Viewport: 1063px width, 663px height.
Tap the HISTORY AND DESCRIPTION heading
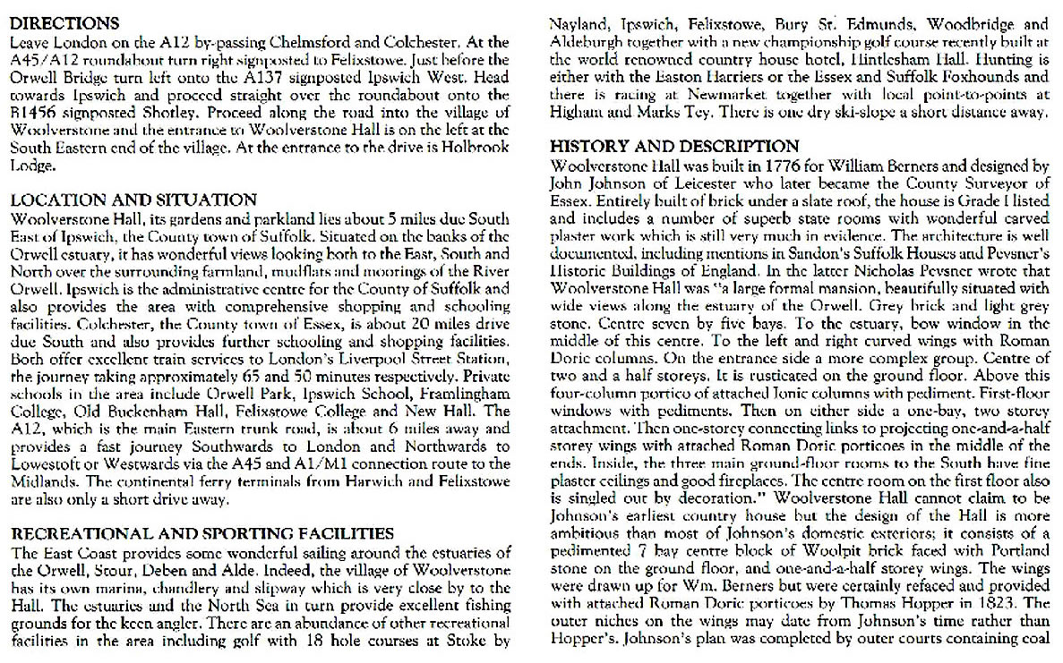point(674,147)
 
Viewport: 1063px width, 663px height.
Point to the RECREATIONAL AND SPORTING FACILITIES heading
point(202,534)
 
